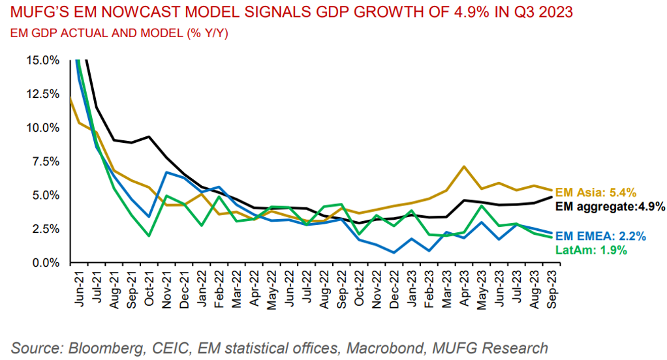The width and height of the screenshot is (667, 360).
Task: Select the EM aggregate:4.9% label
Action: pos(610,207)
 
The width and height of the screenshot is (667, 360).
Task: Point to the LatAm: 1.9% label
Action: pos(591,250)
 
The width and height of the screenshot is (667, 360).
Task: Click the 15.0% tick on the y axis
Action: pos(43,60)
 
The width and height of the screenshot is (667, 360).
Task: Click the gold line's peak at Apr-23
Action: pos(463,166)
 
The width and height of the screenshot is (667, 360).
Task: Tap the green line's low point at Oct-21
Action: pos(149,235)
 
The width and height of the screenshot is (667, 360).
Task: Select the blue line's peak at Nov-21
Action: pos(167,172)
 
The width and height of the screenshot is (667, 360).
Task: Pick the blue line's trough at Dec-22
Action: pos(395,252)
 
